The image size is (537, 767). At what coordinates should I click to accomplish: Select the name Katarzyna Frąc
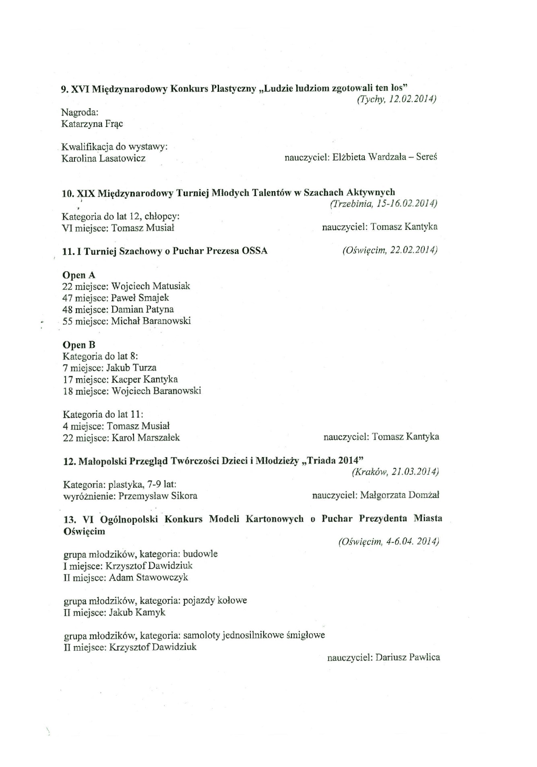(92, 124)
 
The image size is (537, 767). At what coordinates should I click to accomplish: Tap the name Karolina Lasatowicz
(103, 158)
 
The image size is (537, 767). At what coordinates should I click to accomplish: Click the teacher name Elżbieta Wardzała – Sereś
(385, 157)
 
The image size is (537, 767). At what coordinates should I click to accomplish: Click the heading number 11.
(68, 252)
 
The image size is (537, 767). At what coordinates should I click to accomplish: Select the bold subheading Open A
(79, 275)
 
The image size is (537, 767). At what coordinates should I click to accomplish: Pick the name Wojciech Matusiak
(150, 287)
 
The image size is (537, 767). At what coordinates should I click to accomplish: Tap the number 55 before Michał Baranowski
(67, 321)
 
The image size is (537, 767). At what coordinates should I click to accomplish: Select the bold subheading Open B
(79, 345)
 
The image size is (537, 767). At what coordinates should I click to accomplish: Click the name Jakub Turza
(131, 368)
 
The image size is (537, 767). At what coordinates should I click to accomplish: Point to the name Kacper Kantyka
(144, 379)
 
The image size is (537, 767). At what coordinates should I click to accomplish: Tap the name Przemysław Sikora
(158, 496)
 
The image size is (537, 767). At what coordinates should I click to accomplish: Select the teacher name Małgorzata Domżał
(400, 495)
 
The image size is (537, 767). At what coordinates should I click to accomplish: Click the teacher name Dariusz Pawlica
(408, 658)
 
